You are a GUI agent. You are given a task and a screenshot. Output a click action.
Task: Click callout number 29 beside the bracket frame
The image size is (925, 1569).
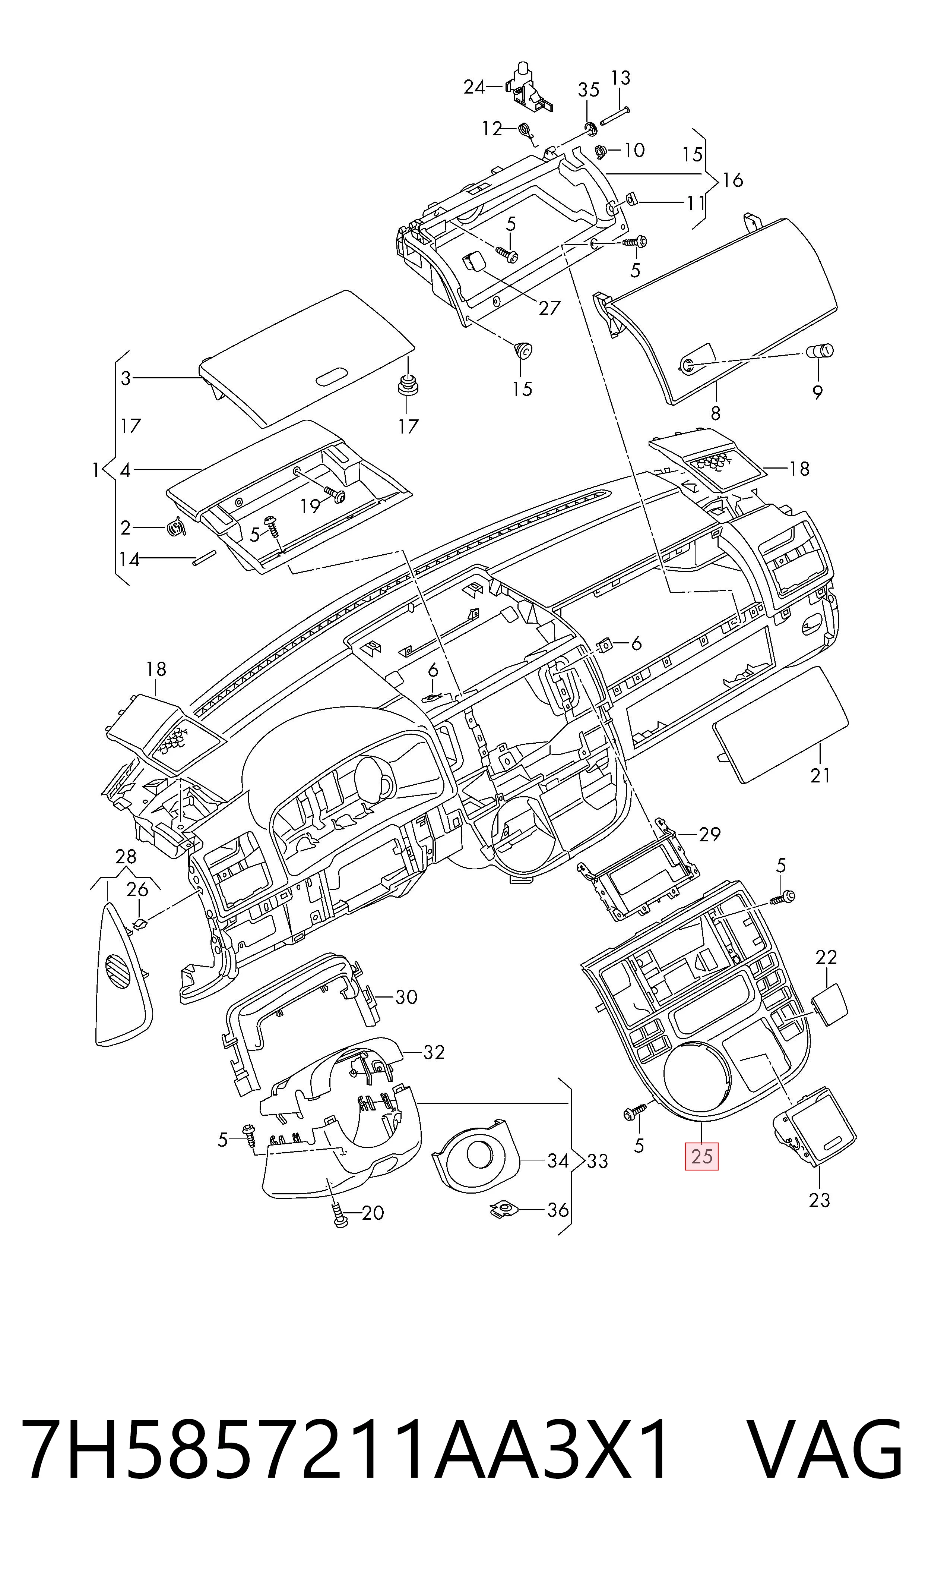click(x=709, y=834)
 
